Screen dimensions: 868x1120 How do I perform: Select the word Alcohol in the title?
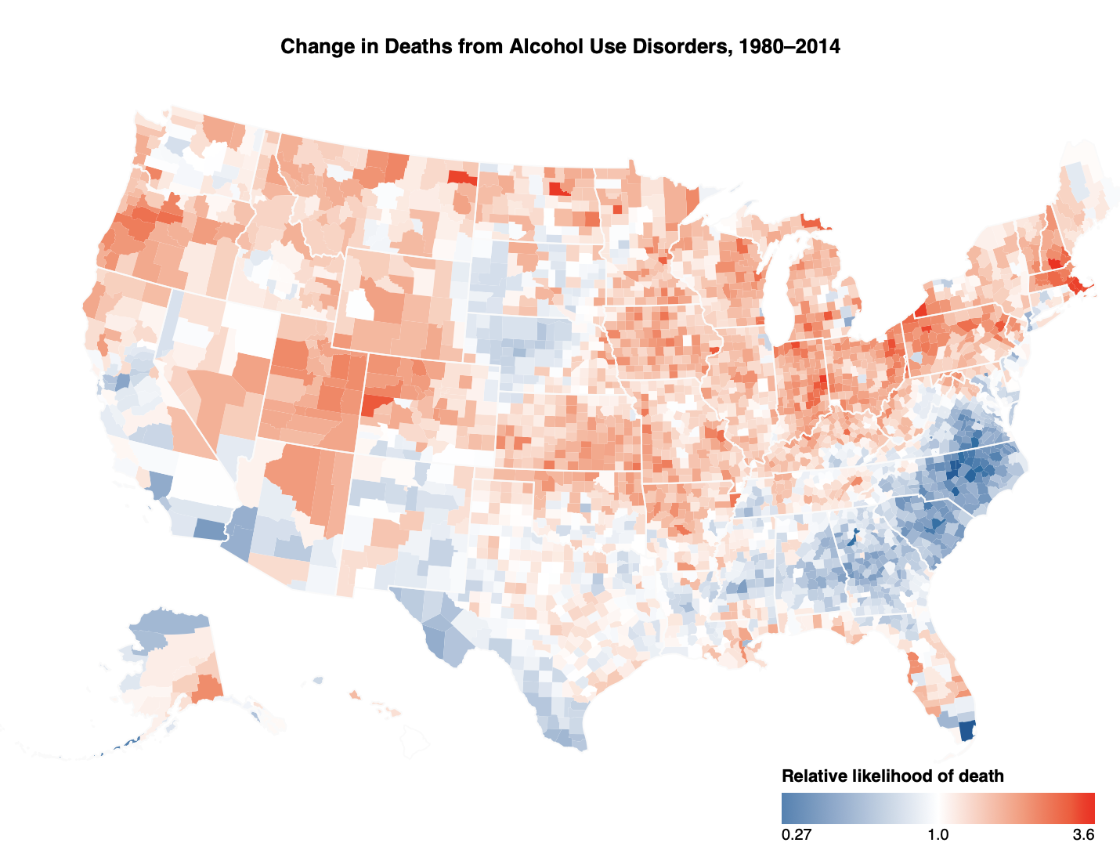[x=541, y=47]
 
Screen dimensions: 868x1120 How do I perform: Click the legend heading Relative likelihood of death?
[x=892, y=776]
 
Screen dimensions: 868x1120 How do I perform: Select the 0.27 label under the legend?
[x=796, y=835]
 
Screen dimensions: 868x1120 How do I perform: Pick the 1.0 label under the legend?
[x=938, y=835]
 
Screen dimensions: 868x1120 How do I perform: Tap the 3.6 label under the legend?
[x=1083, y=835]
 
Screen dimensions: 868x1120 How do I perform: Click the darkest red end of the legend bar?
[x=1089, y=806]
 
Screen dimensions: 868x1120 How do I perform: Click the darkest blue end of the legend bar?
[x=786, y=806]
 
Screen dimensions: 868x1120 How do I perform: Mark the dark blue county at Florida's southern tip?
[x=967, y=730]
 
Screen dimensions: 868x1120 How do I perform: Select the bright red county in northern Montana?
[x=462, y=176]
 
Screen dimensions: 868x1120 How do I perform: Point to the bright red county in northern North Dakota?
[x=559, y=189]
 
